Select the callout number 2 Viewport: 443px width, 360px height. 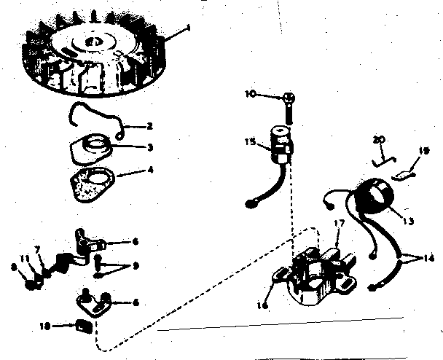click(x=149, y=126)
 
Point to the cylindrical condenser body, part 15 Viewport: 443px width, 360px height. click(x=279, y=140)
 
